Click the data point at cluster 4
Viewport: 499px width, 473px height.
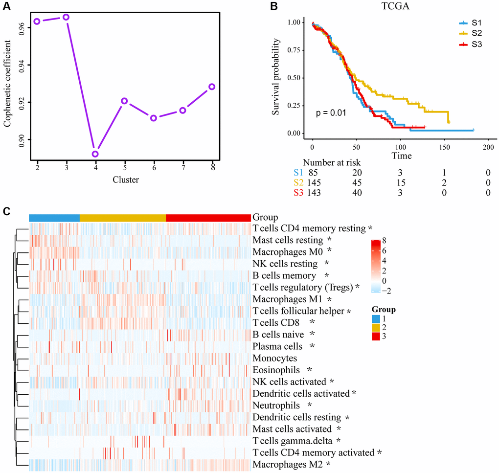pos(95,154)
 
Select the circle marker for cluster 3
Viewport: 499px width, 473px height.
pos(66,17)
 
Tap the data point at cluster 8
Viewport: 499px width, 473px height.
pos(212,87)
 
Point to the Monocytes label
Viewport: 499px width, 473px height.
pos(274,358)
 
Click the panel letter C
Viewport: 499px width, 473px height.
pos(6,212)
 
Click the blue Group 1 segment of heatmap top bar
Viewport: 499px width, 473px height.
pos(54,218)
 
